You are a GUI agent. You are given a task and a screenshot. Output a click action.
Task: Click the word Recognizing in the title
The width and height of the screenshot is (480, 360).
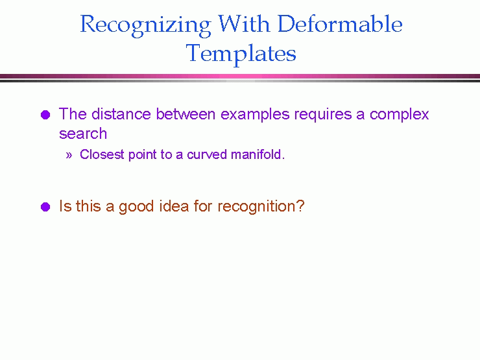click(x=145, y=26)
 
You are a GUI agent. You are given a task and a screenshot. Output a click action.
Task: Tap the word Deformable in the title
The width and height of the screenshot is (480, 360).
click(x=340, y=23)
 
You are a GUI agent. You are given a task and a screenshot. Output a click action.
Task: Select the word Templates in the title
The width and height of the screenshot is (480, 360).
click(x=241, y=54)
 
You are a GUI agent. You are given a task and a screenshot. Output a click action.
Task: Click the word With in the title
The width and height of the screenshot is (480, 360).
click(x=244, y=23)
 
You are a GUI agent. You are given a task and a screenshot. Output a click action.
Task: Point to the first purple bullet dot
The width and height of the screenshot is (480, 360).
click(x=45, y=115)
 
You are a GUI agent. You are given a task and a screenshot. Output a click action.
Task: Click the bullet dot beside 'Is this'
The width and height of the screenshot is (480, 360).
click(x=45, y=207)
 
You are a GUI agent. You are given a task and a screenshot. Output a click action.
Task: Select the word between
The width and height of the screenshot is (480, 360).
click(x=186, y=114)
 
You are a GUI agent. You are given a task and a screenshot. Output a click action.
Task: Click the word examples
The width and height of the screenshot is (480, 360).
click(x=255, y=115)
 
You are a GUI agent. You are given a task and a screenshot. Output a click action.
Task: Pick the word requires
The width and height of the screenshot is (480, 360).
click(x=323, y=115)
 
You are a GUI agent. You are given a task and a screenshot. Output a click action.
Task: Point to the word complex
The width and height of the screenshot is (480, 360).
click(x=399, y=115)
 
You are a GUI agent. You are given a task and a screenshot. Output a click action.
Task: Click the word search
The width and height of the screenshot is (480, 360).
click(x=83, y=134)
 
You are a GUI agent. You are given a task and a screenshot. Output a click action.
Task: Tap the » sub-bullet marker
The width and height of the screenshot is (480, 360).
click(x=69, y=155)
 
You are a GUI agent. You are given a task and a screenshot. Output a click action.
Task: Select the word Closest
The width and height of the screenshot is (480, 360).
click(x=102, y=154)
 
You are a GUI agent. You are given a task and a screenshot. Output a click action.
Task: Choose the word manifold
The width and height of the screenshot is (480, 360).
click(x=258, y=154)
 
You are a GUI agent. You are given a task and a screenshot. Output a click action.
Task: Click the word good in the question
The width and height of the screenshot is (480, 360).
click(x=136, y=207)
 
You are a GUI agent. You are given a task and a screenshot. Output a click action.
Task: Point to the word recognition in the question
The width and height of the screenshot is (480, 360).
click(x=261, y=207)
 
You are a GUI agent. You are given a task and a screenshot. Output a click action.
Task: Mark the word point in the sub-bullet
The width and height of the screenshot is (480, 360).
click(x=142, y=155)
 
